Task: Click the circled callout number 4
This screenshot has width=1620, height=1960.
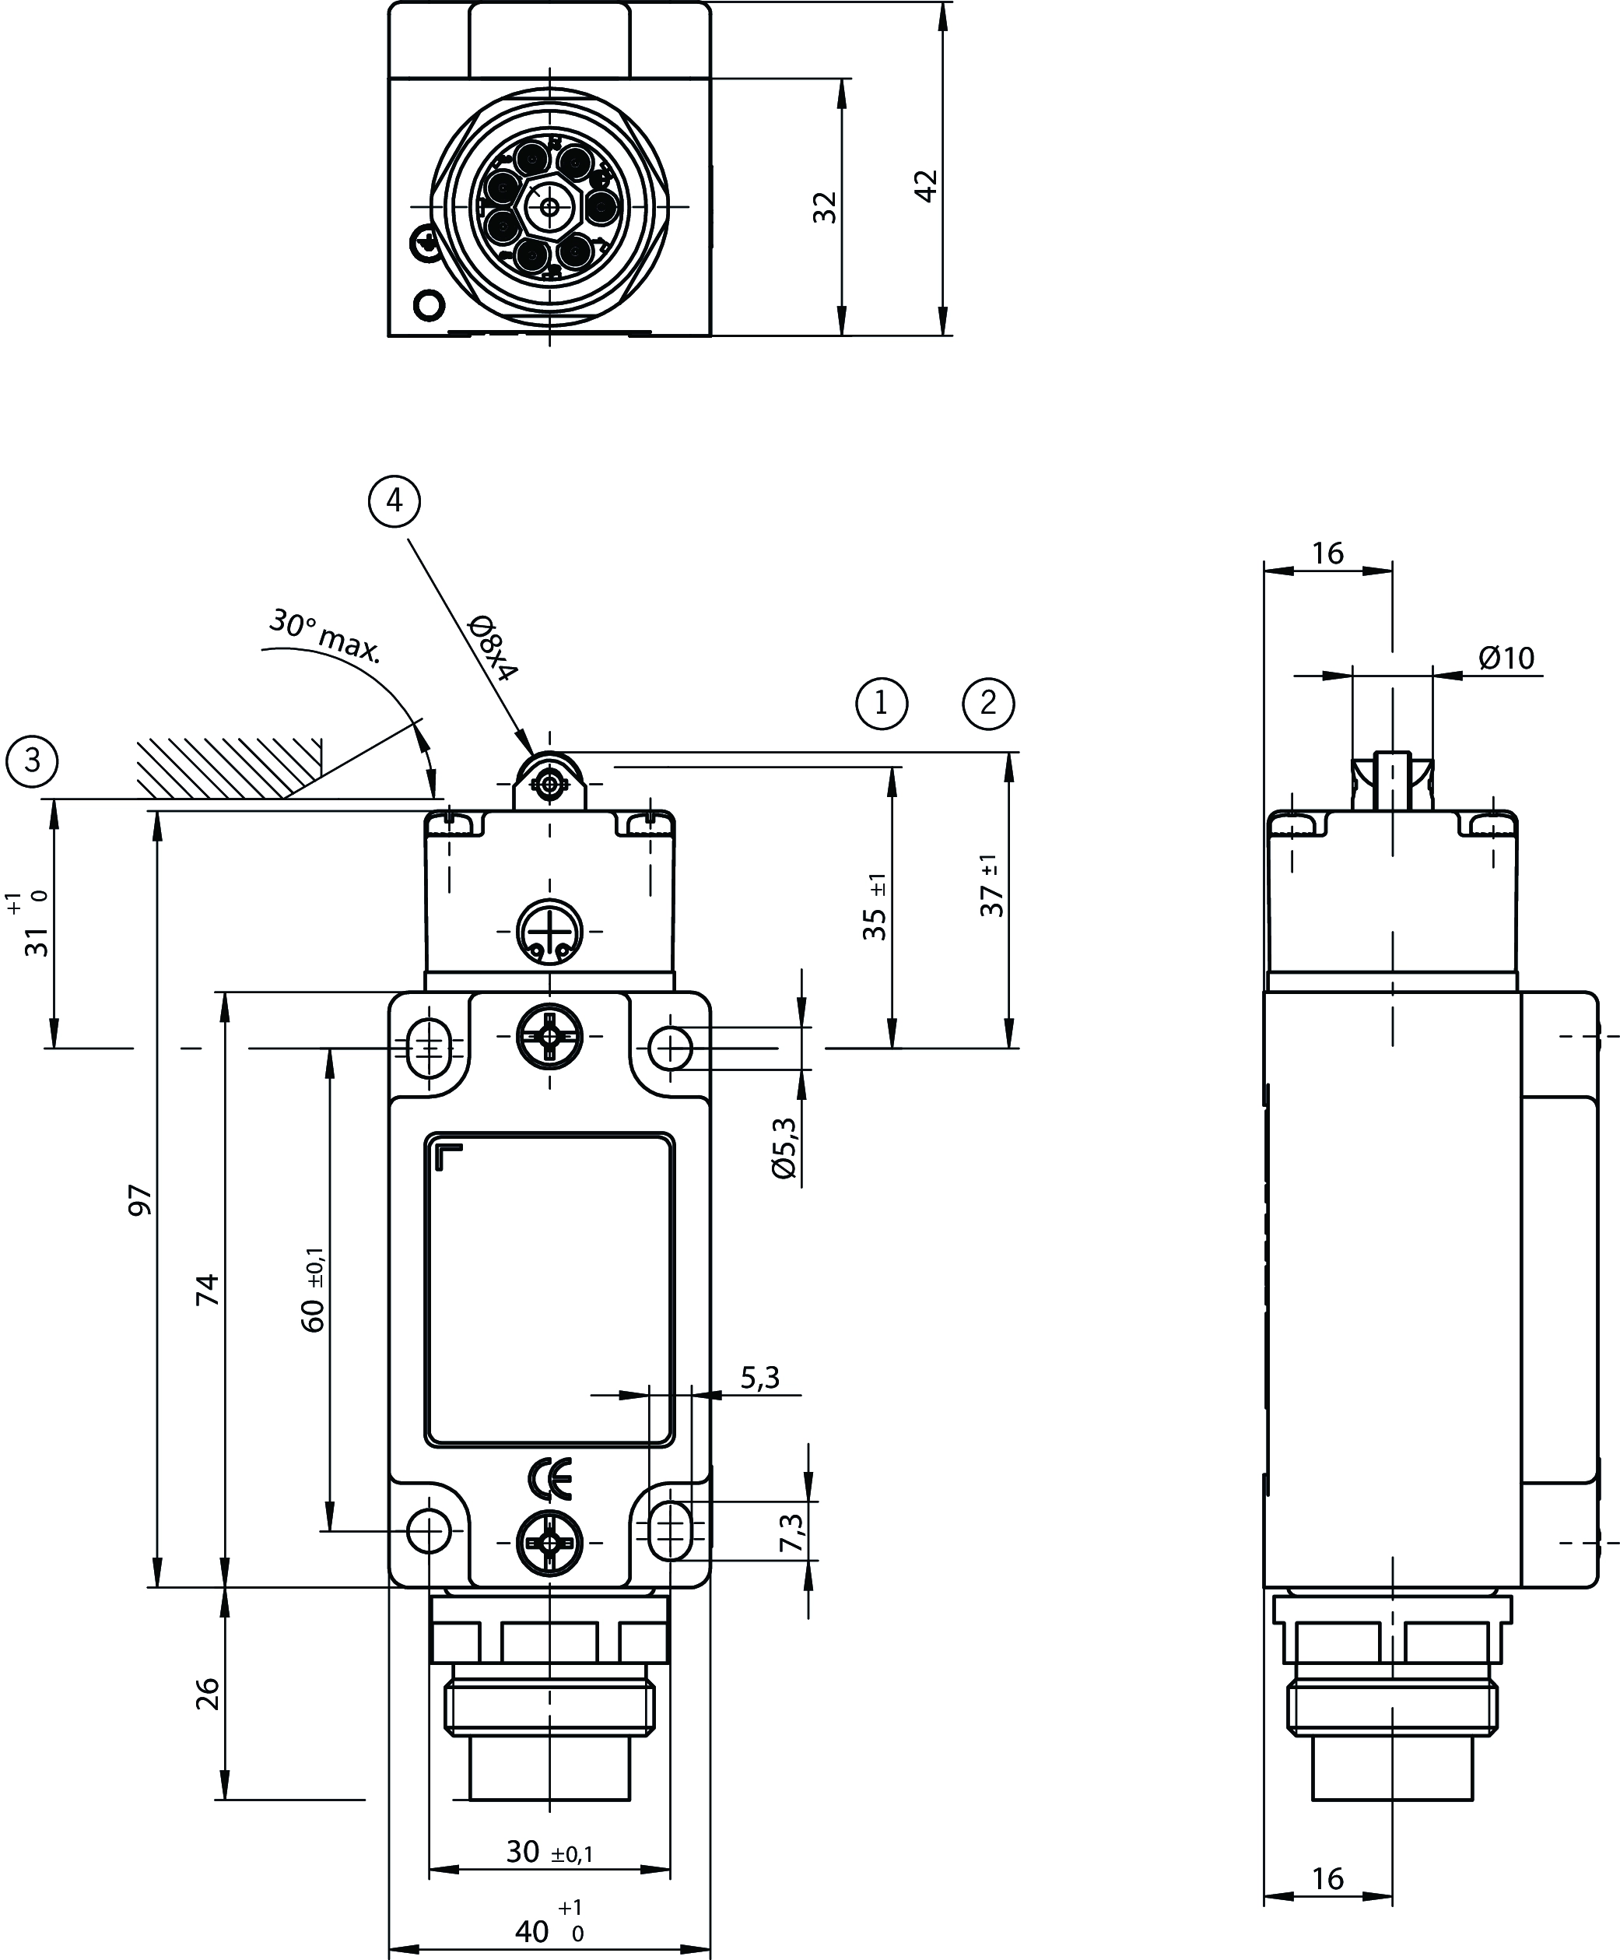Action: [394, 501]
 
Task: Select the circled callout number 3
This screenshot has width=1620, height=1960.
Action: [33, 760]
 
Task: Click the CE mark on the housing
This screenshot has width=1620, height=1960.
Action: [549, 1477]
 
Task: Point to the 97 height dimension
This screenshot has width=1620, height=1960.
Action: [140, 1200]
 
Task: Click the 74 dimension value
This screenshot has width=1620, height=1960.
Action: [207, 1289]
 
